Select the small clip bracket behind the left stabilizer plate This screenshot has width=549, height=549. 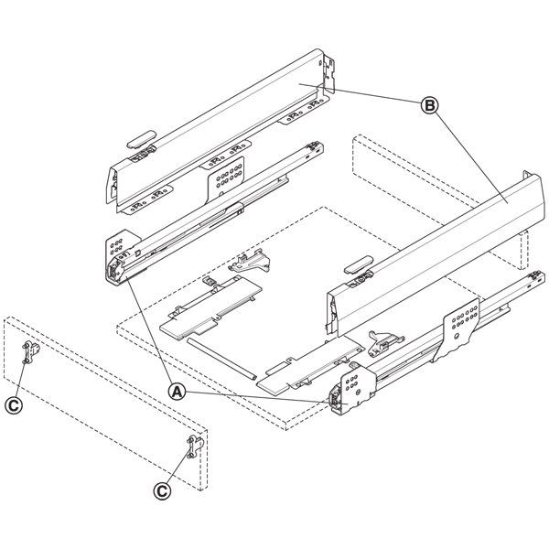click(249, 263)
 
